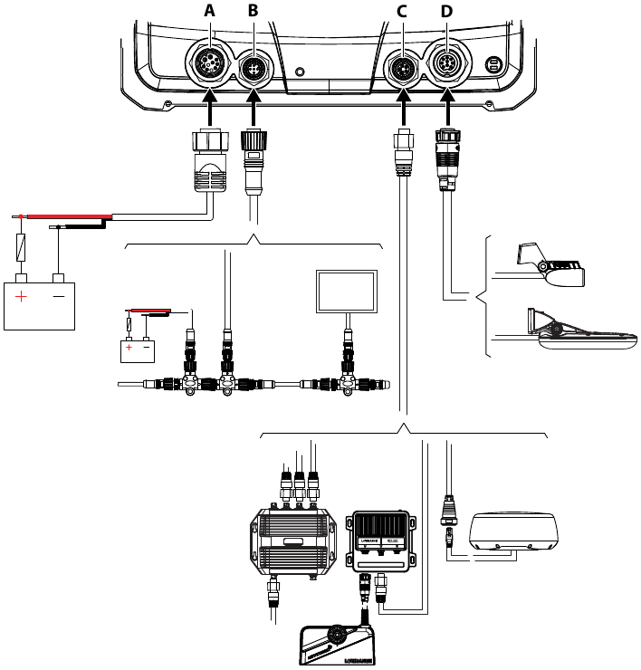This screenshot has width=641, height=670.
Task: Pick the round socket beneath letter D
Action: point(445,65)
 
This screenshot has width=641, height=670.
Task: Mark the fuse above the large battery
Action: point(22,245)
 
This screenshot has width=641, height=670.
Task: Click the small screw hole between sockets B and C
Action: point(301,66)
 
